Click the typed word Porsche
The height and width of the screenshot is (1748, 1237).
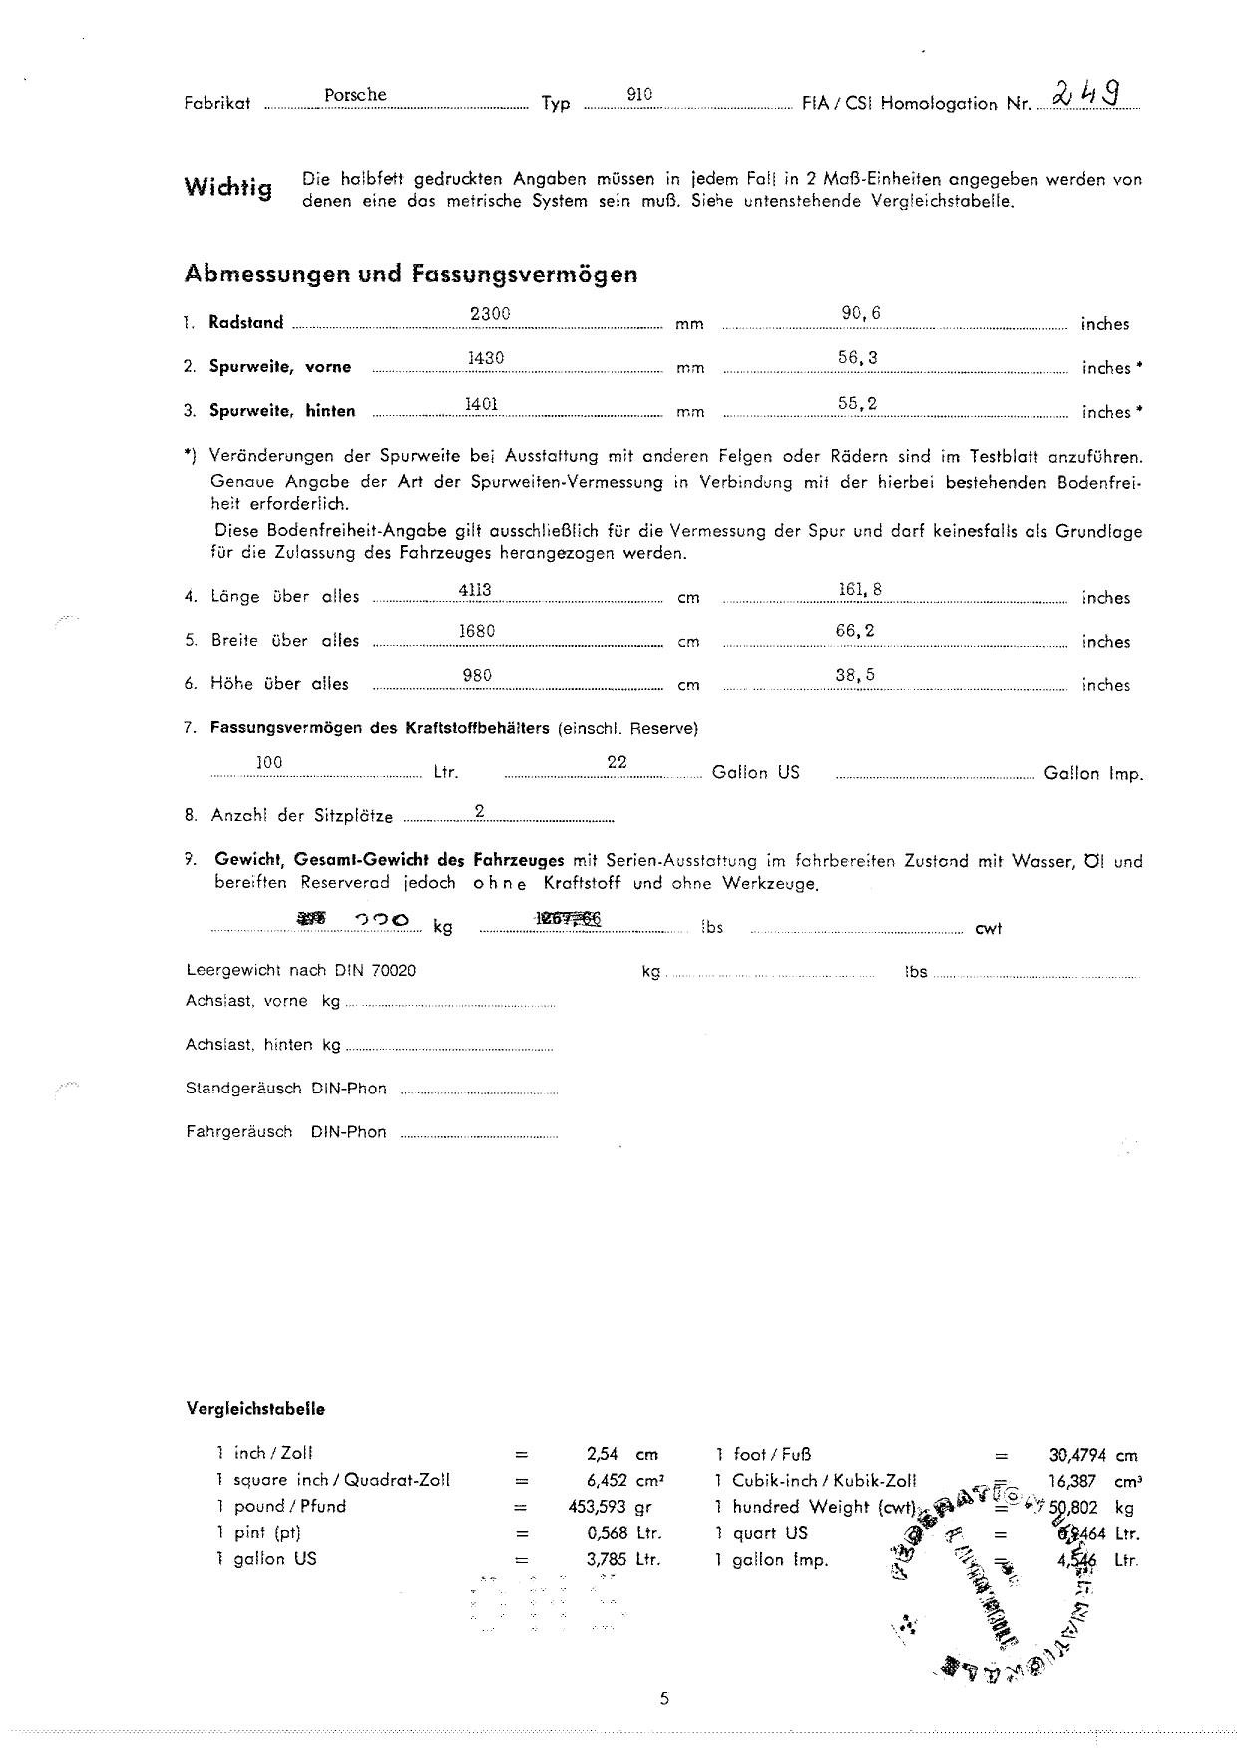pyautogui.click(x=355, y=95)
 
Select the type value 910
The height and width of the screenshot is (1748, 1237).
pyautogui.click(x=639, y=94)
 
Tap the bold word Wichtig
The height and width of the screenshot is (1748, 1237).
pyautogui.click(x=227, y=187)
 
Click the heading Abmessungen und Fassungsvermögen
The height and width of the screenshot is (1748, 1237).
pyautogui.click(x=411, y=274)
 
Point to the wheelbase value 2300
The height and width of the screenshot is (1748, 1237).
pyautogui.click(x=490, y=313)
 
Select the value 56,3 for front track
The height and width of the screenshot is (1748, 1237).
pyautogui.click(x=857, y=358)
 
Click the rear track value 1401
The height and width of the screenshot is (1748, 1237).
pyautogui.click(x=482, y=403)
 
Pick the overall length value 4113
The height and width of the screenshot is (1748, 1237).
pyautogui.click(x=475, y=590)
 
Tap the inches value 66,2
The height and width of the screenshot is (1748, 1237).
pyautogui.click(x=855, y=631)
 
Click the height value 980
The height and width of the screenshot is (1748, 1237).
pyautogui.click(x=477, y=676)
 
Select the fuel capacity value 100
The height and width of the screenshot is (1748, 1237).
pyautogui.click(x=269, y=762)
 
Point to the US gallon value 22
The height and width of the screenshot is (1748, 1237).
pyautogui.click(x=617, y=762)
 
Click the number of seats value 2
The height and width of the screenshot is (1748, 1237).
pyautogui.click(x=480, y=812)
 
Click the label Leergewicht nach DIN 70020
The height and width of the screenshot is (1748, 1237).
pyautogui.click(x=301, y=970)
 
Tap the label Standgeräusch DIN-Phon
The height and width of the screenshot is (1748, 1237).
pyautogui.click(x=286, y=1089)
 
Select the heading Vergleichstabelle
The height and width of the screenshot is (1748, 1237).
pyautogui.click(x=255, y=1409)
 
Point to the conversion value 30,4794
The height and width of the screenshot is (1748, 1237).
pyautogui.click(x=1077, y=1455)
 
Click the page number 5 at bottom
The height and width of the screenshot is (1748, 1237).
pyautogui.click(x=664, y=1699)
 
